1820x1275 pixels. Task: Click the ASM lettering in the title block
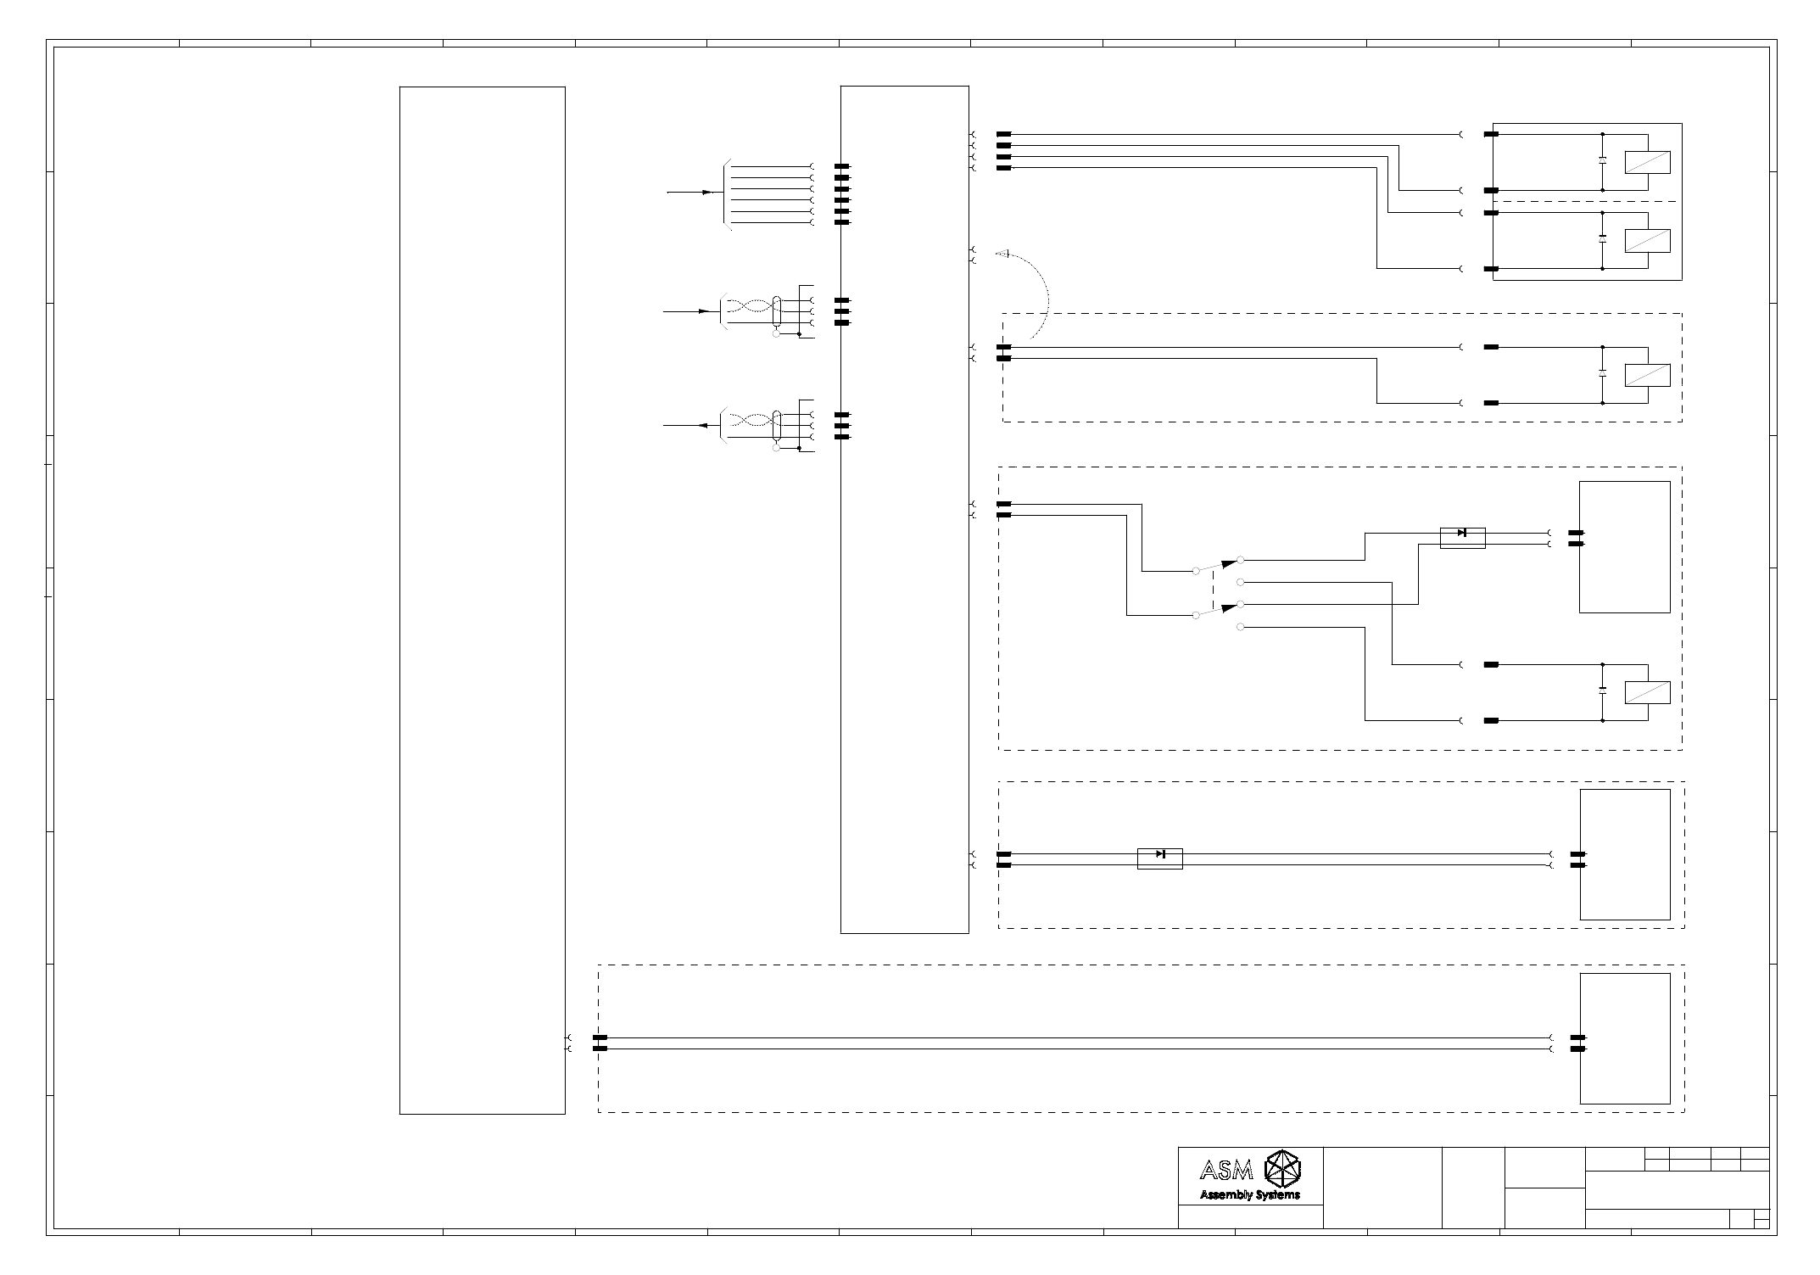pos(1226,1172)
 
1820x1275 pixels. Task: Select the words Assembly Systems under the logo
pos(1249,1195)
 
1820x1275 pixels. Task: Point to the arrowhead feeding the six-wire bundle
pos(706,193)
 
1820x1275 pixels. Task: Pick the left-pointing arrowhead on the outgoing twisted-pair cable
pos(703,426)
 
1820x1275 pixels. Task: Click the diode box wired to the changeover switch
pos(1462,538)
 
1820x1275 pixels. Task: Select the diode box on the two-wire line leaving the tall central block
pos(1159,858)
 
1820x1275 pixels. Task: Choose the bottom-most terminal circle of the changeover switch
pos(1241,627)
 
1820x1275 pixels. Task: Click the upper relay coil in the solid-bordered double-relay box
pos(1647,162)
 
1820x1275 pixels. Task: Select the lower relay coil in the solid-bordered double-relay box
pos(1647,241)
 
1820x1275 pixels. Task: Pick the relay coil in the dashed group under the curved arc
pos(1647,375)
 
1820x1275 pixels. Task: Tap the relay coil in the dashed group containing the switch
pos(1647,692)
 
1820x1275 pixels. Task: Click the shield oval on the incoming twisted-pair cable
pos(777,311)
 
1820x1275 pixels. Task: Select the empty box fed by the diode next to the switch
pos(1624,547)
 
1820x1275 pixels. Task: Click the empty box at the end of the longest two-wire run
pos(1624,1038)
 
